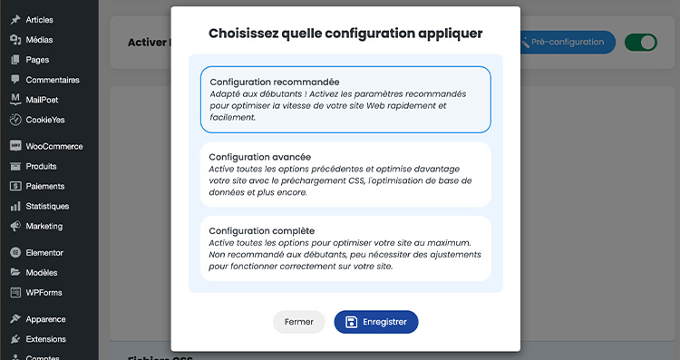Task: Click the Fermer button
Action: click(298, 322)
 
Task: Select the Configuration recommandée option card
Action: click(345, 100)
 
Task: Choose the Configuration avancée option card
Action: click(345, 174)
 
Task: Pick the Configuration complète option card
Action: click(345, 248)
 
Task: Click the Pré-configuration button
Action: click(566, 42)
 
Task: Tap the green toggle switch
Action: click(641, 42)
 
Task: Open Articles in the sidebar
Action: click(39, 19)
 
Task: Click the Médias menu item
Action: click(39, 40)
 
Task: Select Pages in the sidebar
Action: click(37, 60)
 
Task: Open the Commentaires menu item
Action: click(52, 80)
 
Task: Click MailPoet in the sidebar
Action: click(42, 100)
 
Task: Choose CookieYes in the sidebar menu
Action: click(44, 120)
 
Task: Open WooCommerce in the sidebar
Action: click(53, 146)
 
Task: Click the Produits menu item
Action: click(41, 166)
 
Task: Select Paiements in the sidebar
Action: click(45, 186)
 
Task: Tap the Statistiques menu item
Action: click(47, 206)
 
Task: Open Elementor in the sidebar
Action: click(44, 252)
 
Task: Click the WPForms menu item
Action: click(44, 292)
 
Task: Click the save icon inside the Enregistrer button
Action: click(352, 322)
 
